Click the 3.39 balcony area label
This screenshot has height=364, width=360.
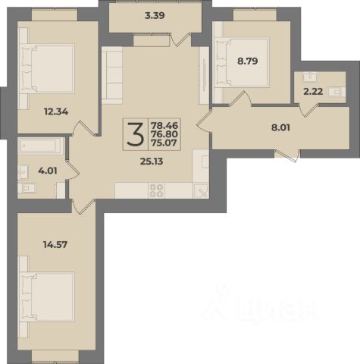click(155, 16)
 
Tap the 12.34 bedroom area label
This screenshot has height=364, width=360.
click(56, 111)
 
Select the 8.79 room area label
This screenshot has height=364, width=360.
click(248, 61)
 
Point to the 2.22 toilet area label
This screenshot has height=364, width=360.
click(313, 92)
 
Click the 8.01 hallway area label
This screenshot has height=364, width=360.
click(280, 127)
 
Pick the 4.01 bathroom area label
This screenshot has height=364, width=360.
click(48, 171)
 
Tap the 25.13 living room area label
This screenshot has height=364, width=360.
click(152, 162)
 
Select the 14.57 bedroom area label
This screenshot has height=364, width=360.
click(55, 245)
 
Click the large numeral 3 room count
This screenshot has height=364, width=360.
click(136, 134)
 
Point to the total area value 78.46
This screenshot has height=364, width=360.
click(164, 125)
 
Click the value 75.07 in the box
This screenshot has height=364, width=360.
click(164, 143)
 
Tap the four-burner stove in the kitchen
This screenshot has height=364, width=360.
click(156, 190)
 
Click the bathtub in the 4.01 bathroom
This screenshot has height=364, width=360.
click(41, 146)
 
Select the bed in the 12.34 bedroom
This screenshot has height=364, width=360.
click(47, 68)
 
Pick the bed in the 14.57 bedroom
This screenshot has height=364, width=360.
click(47, 297)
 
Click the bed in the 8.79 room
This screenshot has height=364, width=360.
click(242, 62)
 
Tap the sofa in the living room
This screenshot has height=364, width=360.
click(112, 75)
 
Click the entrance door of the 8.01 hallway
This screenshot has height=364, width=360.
click(287, 155)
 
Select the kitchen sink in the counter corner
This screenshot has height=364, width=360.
click(201, 190)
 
